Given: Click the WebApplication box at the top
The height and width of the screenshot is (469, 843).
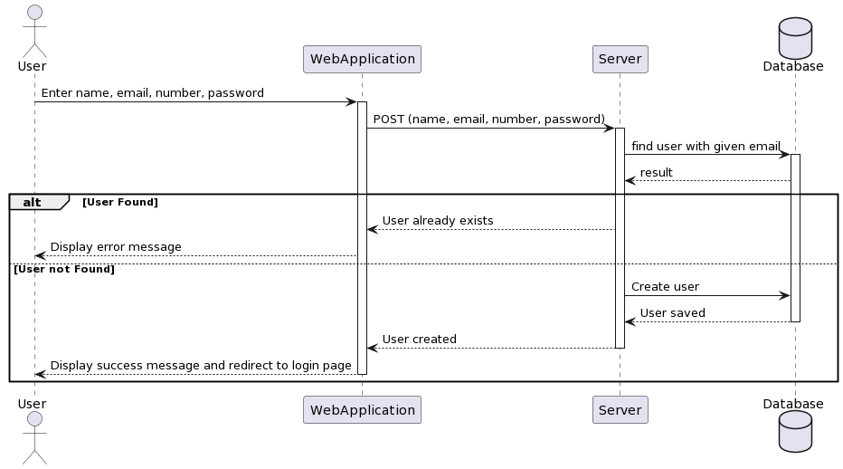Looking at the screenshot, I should [362, 59].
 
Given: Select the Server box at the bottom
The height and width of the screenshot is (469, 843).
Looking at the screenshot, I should [620, 409].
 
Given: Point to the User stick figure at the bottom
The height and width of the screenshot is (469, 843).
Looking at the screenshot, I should [33, 438].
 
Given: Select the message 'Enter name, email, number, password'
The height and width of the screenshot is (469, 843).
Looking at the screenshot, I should [152, 93].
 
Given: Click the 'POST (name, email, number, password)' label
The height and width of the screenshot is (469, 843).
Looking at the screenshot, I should [488, 120].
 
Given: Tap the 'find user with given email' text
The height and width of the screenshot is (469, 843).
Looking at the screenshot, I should [706, 146].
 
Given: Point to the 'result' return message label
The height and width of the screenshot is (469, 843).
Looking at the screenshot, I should [656, 172].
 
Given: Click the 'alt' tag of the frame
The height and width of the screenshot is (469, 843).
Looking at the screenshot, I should [33, 202].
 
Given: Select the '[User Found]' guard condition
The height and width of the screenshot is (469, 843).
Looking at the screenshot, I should [119, 202].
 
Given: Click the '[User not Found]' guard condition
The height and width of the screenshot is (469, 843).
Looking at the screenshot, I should [63, 270].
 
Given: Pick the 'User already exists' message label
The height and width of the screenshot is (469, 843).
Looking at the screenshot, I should [438, 221].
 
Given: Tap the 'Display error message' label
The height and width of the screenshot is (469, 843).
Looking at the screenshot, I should [116, 247].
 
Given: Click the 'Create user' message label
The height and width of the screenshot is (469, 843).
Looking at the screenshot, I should [665, 287].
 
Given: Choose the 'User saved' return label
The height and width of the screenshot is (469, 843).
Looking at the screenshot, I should [672, 313].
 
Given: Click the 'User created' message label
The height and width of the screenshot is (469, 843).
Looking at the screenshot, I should [419, 340].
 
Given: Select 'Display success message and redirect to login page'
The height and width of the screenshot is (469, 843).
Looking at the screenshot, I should [201, 366].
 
